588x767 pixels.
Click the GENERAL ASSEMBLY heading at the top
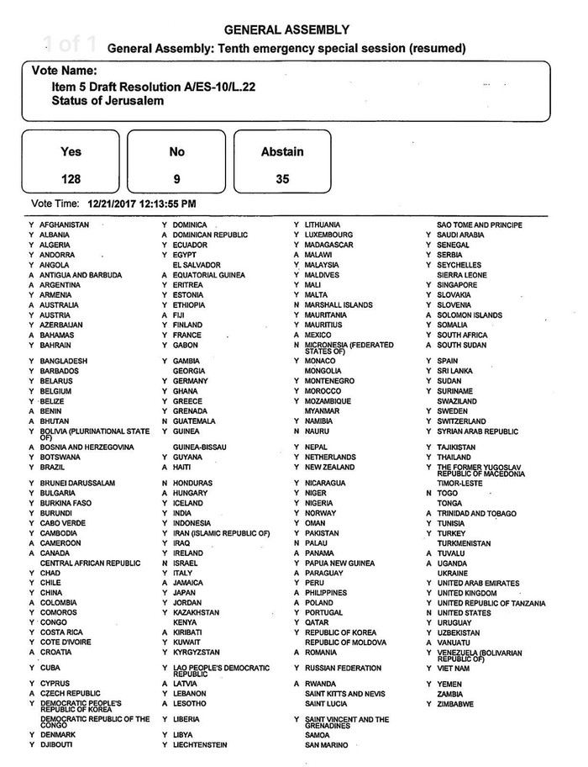287,29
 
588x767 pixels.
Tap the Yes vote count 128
71,179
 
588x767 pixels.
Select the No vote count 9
176,179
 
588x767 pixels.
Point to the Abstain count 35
281,179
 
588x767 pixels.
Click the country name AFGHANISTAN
65,225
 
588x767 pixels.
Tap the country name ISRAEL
187,563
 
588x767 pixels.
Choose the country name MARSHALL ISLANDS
339,305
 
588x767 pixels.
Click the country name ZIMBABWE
456,704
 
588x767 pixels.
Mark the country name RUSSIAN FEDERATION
344,669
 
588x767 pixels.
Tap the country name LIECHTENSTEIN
200,745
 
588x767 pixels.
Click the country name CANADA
55,553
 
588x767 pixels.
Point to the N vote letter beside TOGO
428,493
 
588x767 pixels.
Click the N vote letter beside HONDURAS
165,483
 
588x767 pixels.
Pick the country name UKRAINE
454,573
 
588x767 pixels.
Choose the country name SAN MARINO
328,745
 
